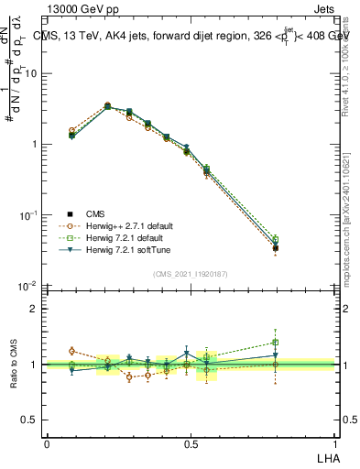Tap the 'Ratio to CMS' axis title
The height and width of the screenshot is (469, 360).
tap(16, 365)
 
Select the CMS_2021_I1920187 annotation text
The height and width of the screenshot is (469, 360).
tap(190, 273)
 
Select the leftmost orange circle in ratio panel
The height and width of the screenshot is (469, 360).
tap(72, 351)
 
